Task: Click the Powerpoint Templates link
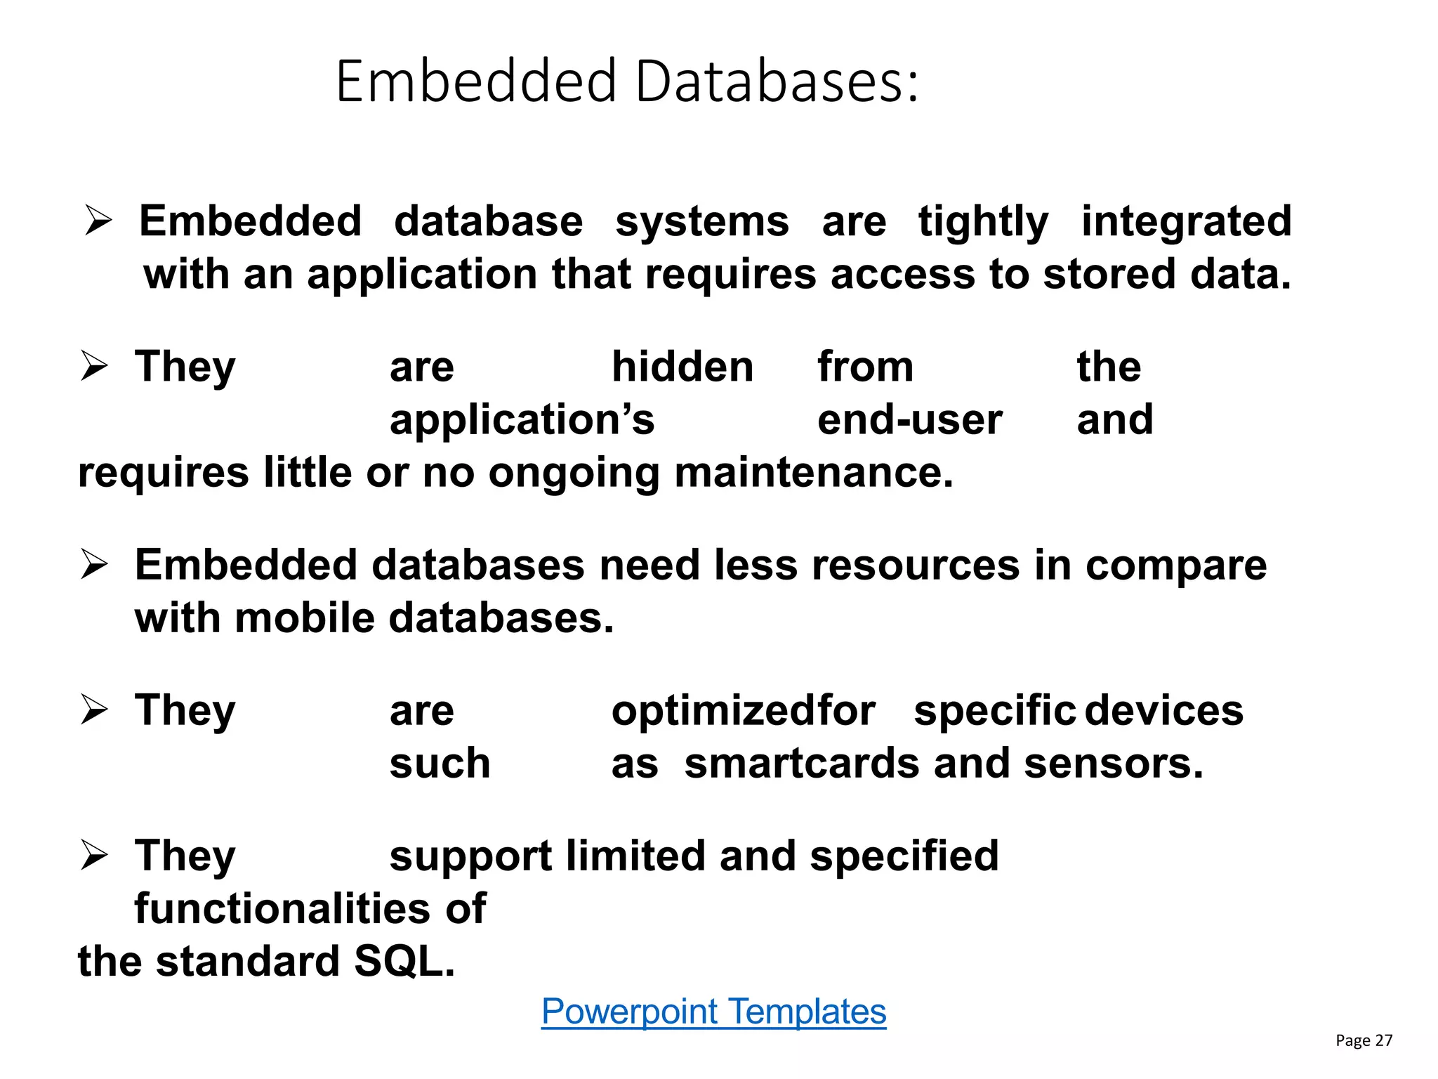713,1012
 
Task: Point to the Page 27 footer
1363,1040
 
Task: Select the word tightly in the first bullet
983,222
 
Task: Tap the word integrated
1186,222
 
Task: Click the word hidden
682,367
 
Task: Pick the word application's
522,420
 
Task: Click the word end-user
910,420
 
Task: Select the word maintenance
814,472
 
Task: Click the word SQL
404,961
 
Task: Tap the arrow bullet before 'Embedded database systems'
98,221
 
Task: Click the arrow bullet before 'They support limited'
93,855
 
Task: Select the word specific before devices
994,711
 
